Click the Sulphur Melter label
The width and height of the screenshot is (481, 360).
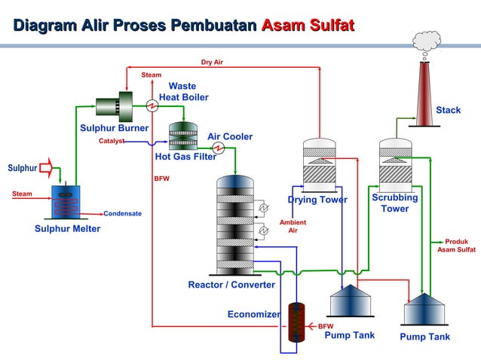click(67, 229)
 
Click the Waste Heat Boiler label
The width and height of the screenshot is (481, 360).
click(183, 92)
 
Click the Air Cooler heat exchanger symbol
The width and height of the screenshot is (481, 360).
click(219, 146)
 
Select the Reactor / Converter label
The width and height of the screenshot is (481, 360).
click(231, 285)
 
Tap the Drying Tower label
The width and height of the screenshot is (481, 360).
click(317, 200)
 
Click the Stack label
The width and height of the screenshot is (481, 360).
click(448, 111)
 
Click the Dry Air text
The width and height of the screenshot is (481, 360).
click(211, 63)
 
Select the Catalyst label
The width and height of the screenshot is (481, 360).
click(112, 141)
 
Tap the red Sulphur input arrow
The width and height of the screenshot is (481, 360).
click(46, 166)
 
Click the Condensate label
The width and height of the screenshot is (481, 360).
click(122, 214)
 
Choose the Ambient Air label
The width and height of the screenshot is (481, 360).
click(293, 227)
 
